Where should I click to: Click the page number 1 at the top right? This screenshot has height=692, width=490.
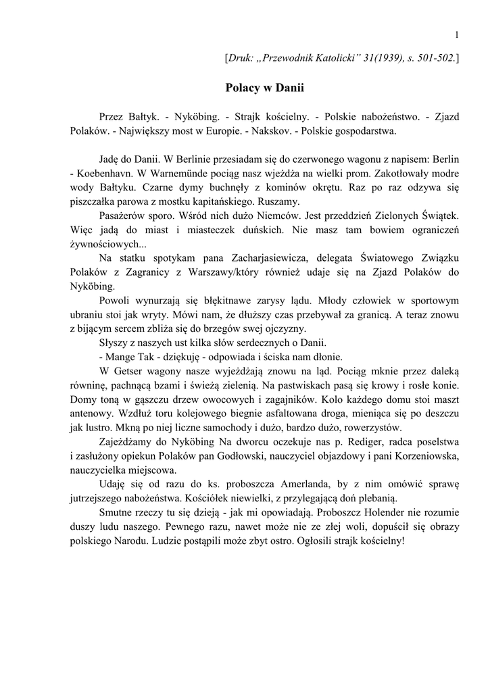[x=458, y=35]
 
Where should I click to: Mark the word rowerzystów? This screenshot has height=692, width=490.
[x=369, y=428]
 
